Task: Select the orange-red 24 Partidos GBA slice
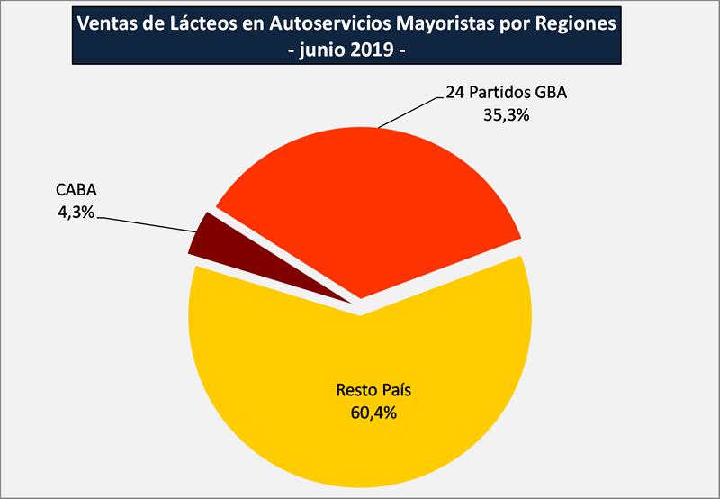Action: tap(378, 207)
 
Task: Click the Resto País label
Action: tap(366, 392)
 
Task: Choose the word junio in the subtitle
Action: tap(323, 50)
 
